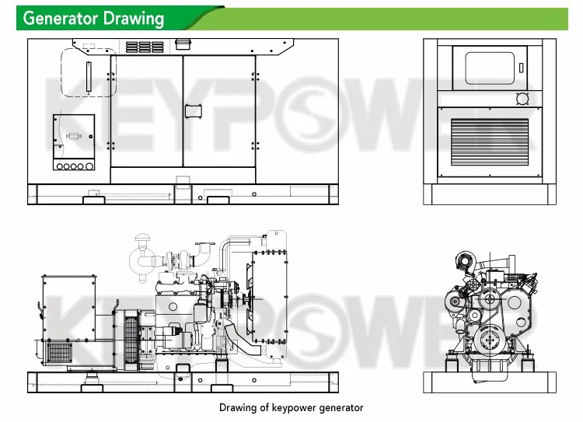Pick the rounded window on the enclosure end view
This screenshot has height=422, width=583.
coord(490,68)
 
